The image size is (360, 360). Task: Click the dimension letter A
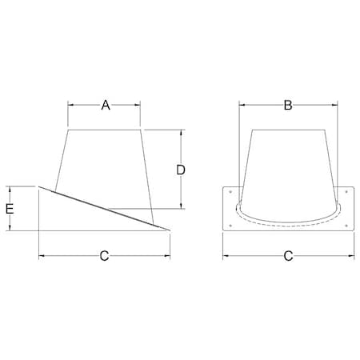(105, 105)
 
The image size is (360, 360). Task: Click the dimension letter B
(287, 105)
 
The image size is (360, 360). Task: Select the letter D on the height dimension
(182, 170)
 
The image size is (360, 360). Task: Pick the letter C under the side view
(104, 256)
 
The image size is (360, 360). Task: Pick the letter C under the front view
(287, 256)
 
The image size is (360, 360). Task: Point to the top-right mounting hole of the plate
(346, 192)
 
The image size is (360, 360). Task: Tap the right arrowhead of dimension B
(331, 105)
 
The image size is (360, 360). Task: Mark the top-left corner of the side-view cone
(69, 128)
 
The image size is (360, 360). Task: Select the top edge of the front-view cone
(287, 128)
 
